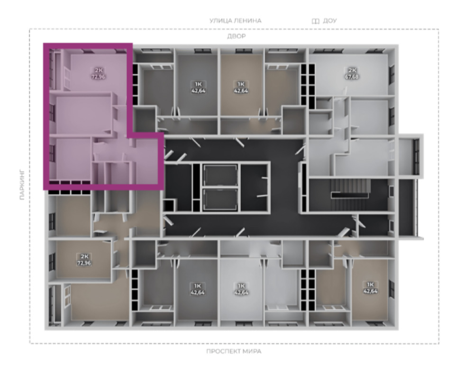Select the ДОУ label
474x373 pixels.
tap(329, 21)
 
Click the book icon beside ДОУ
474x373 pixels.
tap(315, 21)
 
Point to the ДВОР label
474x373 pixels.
tap(237, 36)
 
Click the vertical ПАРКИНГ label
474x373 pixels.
tap(22, 185)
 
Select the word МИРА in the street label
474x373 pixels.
tap(252, 351)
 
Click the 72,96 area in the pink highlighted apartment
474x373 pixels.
tap(98, 77)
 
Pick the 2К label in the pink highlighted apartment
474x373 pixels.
tap(99, 71)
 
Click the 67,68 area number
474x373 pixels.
tap(352, 77)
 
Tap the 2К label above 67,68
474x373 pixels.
tap(352, 71)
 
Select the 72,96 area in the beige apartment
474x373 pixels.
tap(84, 263)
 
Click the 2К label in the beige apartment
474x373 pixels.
tap(84, 257)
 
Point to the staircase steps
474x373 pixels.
tap(351, 188)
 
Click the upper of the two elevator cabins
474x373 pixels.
tap(220, 176)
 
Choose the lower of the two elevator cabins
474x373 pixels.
tap(220, 199)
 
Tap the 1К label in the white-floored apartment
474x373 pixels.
tap(241, 286)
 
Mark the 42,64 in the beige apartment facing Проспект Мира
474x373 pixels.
tap(370, 291)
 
